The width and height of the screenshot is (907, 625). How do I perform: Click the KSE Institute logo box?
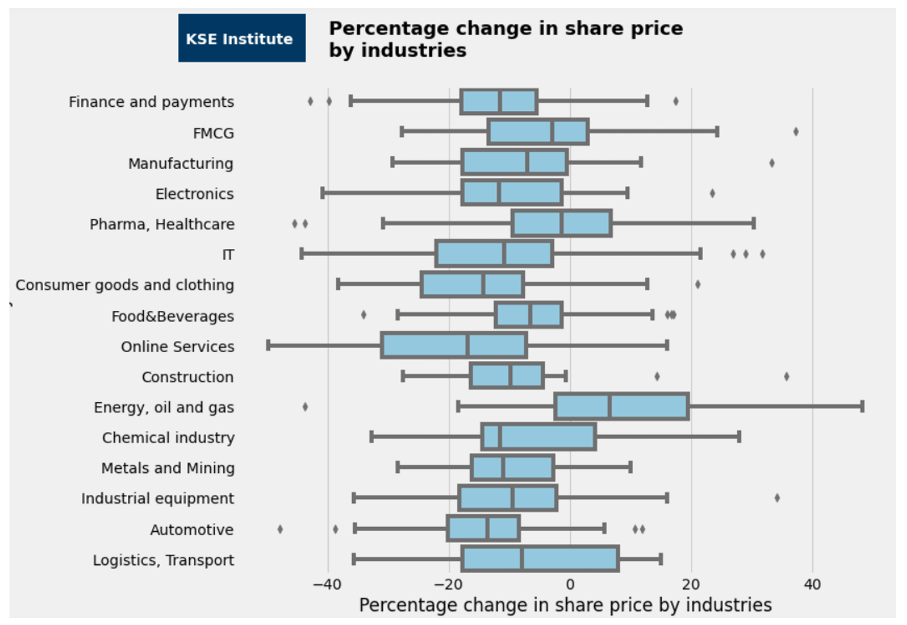coord(241,38)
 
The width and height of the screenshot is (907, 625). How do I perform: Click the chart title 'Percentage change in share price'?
coord(506,28)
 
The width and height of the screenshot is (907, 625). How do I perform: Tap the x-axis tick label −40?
coord(327,584)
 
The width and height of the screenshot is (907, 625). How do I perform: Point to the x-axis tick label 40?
coord(812,584)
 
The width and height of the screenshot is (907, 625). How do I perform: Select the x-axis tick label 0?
coord(570,584)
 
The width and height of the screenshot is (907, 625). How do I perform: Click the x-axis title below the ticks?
coord(565,605)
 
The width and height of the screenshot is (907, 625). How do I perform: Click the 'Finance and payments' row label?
coord(151,102)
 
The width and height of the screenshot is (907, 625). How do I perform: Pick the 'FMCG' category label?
coord(213,133)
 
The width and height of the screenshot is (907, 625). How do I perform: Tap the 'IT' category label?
coord(228,255)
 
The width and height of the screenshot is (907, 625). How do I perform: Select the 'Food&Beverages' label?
coord(173,316)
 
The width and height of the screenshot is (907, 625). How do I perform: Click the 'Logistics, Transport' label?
coord(164,560)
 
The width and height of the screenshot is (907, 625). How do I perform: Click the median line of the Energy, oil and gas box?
coord(610,406)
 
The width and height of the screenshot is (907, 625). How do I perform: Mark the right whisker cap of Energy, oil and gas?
coord(862,406)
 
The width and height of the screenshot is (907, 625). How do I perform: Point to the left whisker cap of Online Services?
coord(268,346)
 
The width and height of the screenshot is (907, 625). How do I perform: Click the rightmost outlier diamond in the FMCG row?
coord(796,131)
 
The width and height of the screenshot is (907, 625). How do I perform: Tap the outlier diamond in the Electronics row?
coord(712,193)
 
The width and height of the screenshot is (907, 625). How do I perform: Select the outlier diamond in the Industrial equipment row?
coord(777,498)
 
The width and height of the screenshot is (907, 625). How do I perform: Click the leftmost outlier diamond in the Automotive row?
coord(280,529)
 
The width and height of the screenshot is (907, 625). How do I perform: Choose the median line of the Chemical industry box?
coord(500,437)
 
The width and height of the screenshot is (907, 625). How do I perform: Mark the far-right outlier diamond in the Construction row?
coord(786,377)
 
